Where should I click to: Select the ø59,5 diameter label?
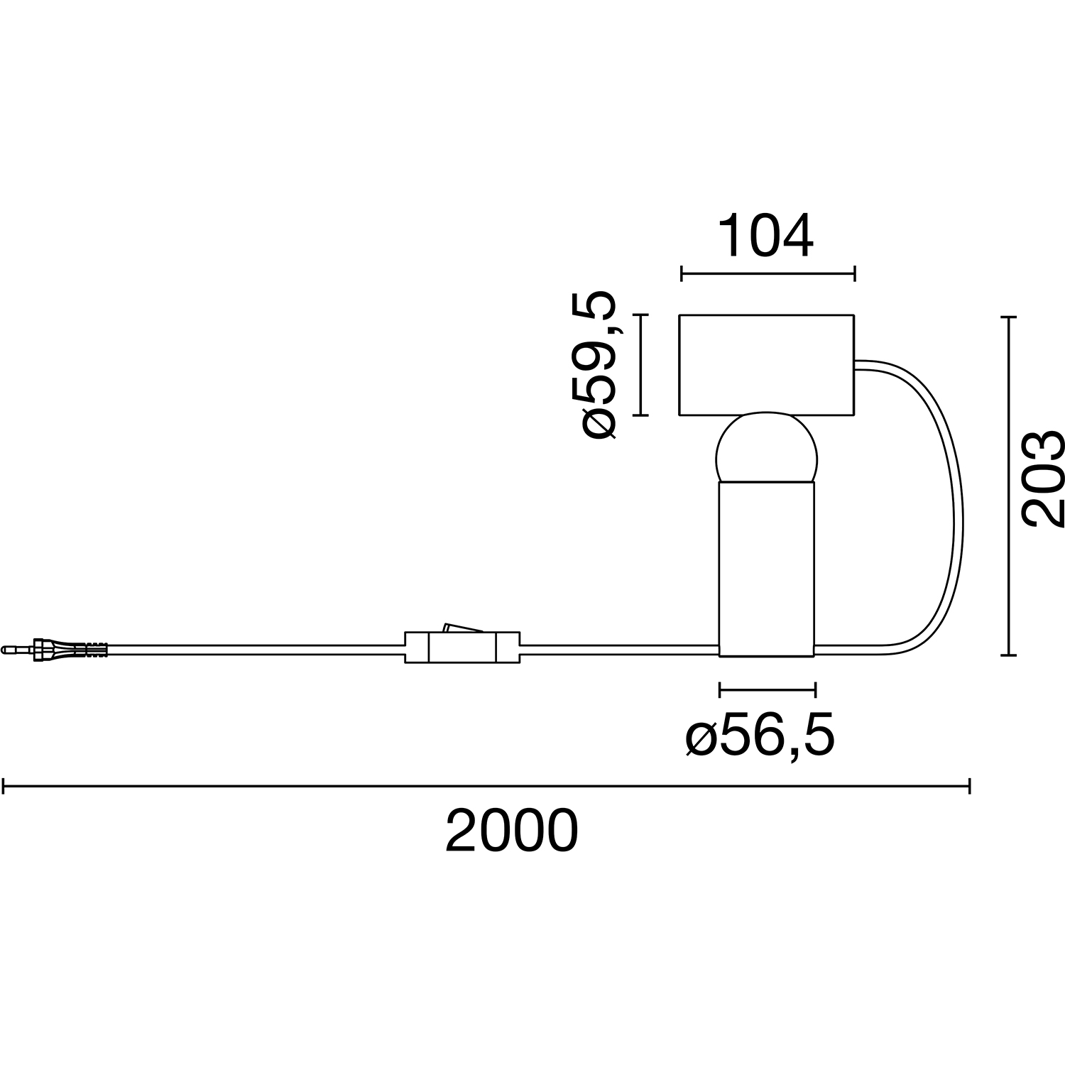click(x=599, y=365)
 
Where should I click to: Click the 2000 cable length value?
click(x=511, y=831)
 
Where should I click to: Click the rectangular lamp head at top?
click(x=766, y=365)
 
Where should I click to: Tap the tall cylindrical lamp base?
click(x=767, y=568)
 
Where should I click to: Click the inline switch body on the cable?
click(x=461, y=647)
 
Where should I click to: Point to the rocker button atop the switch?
click(x=462, y=627)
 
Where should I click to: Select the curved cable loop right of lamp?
click(x=955, y=511)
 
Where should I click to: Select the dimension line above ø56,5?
click(x=767, y=689)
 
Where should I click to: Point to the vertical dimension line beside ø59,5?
click(x=641, y=365)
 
